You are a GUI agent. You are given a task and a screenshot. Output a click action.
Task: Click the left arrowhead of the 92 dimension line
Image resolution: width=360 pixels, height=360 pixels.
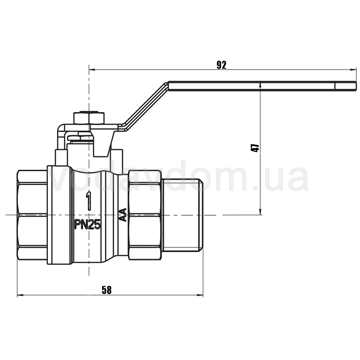pyautogui.click(x=91, y=70)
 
